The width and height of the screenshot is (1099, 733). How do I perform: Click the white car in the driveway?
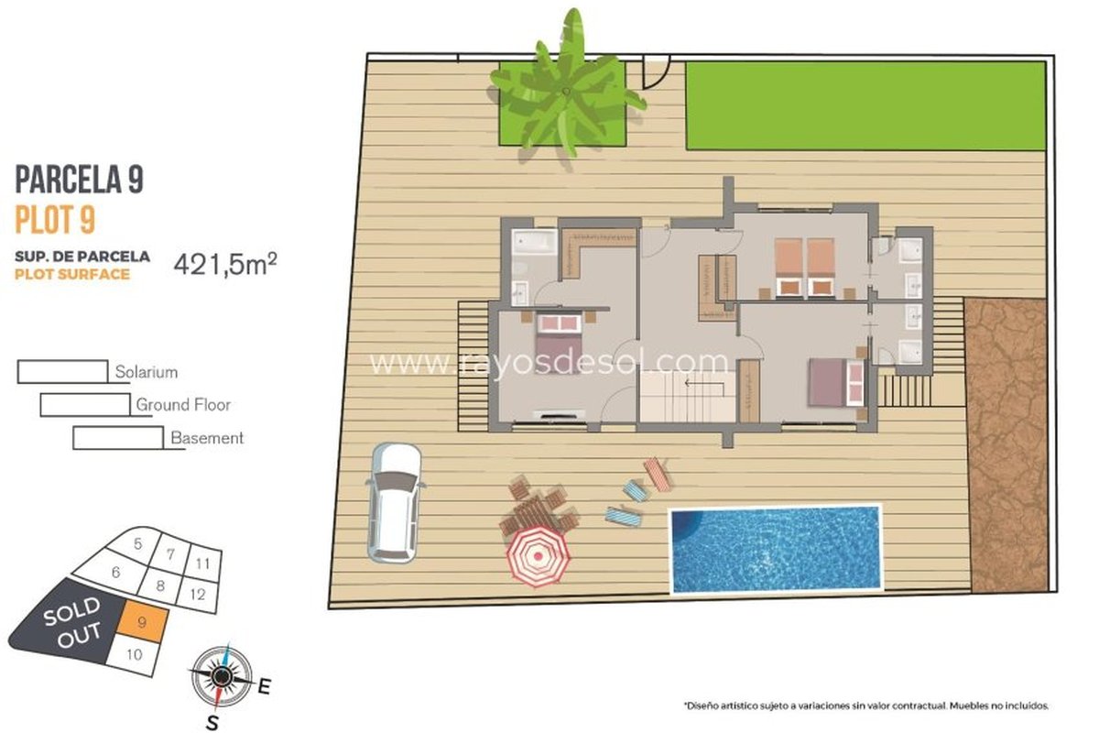[394, 502]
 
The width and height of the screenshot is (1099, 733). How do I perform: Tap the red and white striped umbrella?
[538, 556]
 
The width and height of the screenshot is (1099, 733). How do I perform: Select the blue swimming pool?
[776, 550]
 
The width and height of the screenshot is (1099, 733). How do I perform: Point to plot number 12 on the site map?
[198, 595]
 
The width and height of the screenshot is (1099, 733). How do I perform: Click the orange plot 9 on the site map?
[142, 622]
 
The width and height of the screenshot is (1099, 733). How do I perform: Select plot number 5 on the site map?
[138, 543]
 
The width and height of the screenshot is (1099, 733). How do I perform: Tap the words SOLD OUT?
[73, 622]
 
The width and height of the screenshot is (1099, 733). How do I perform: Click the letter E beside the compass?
[264, 686]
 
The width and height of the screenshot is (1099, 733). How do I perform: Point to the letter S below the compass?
[212, 723]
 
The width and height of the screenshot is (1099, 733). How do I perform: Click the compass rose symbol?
[222, 676]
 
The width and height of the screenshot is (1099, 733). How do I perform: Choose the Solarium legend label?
[147, 372]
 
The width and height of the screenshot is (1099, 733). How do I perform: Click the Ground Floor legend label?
[183, 405]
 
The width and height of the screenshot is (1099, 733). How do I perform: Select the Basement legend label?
[207, 438]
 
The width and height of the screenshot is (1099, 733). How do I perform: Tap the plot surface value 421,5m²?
[225, 264]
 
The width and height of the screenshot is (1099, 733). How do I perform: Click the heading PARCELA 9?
[80, 180]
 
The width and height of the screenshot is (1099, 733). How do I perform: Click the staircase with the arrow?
[688, 396]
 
